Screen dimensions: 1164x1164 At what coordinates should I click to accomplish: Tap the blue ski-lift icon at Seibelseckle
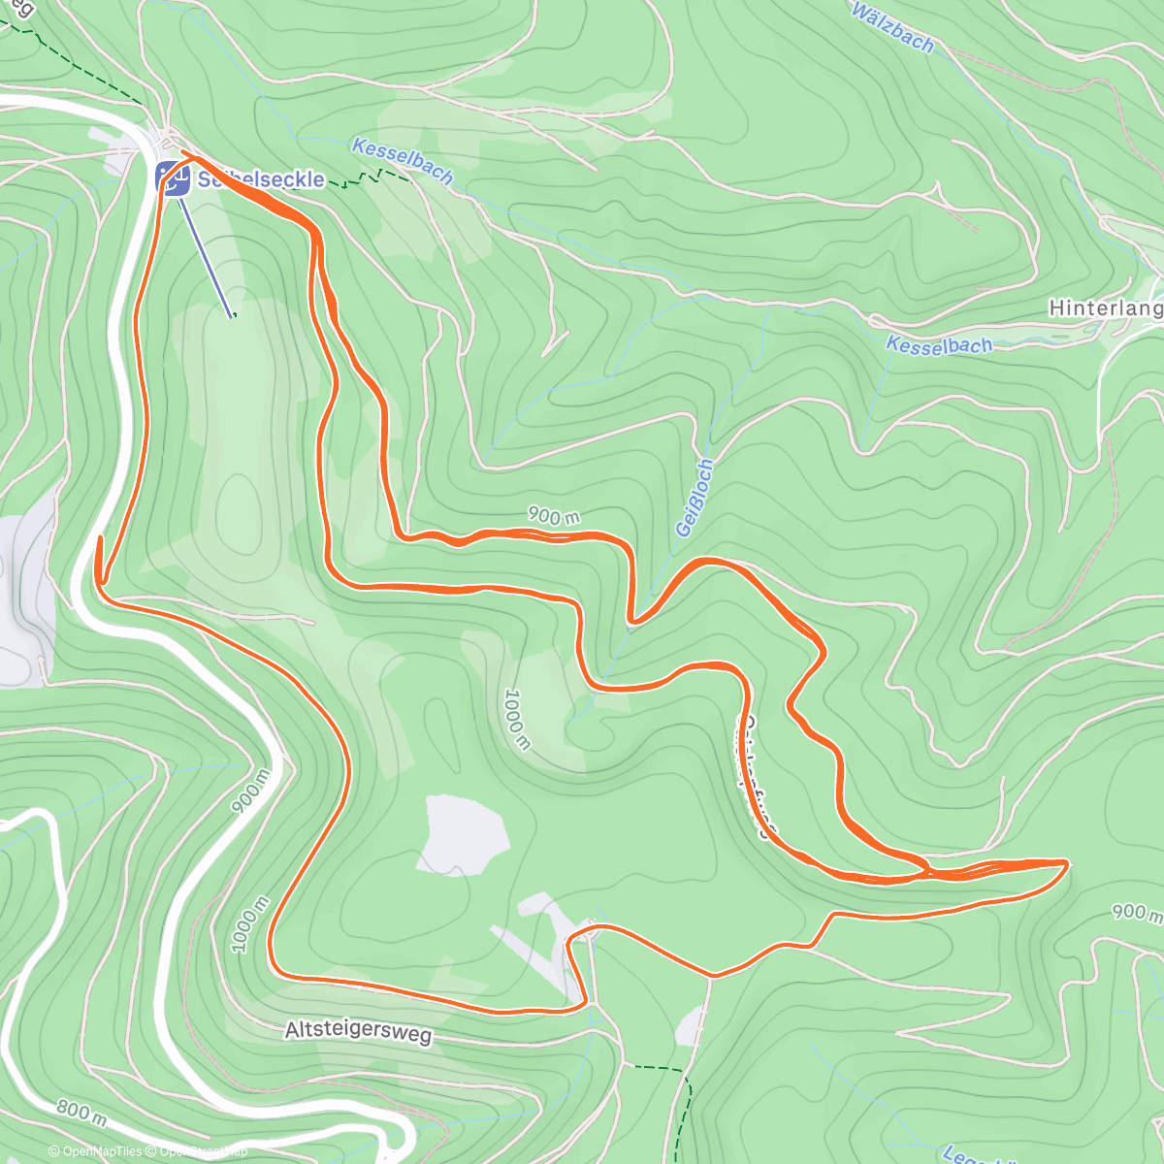coord(174,178)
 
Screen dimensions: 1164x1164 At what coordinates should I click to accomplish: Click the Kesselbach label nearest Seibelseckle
coord(403,161)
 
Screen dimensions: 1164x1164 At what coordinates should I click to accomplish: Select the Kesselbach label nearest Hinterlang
coord(939,344)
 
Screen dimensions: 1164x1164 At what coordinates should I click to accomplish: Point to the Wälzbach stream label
coord(892,27)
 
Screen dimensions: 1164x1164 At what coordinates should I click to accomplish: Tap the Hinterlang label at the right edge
coord(1106,308)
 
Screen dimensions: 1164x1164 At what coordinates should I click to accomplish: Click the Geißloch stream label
coord(695,498)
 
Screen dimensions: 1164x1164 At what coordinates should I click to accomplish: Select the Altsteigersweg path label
coord(358,1030)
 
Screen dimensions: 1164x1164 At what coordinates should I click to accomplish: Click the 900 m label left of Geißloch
coord(553,516)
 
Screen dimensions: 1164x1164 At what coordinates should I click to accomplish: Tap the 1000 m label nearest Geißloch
coord(517,719)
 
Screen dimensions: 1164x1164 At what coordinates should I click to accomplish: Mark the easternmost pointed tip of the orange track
coord(1067,861)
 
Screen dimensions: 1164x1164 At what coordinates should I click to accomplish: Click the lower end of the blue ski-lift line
coord(233,316)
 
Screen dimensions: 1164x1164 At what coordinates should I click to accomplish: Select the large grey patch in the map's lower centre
coord(466,833)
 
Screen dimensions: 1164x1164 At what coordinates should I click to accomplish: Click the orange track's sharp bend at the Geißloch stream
coord(631,620)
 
